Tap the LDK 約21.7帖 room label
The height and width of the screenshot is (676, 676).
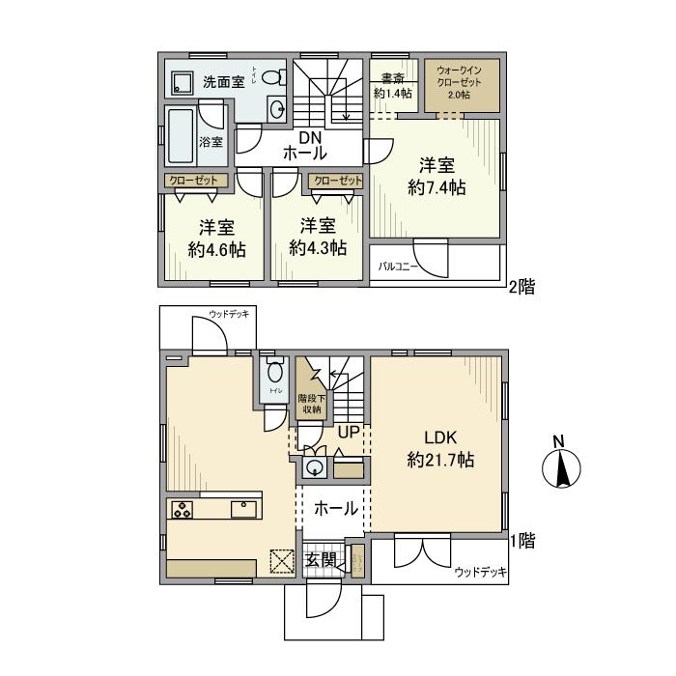[440, 448]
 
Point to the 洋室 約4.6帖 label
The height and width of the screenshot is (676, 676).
[216, 238]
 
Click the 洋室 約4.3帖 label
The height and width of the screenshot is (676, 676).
[318, 238]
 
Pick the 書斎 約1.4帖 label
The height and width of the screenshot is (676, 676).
[393, 86]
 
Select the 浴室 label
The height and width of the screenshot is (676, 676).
[211, 142]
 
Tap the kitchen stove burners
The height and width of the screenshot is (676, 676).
[183, 510]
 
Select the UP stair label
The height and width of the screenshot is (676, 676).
[348, 433]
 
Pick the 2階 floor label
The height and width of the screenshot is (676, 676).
[522, 286]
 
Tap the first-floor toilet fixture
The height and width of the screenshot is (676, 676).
[275, 372]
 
